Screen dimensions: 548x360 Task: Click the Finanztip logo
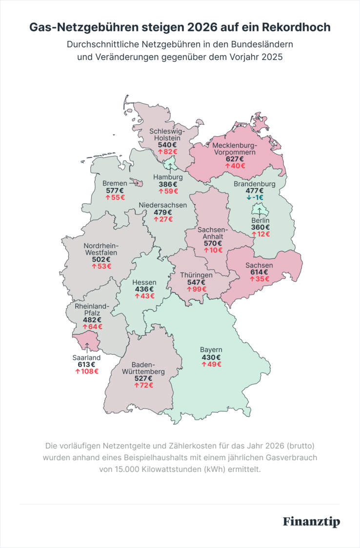pyautogui.click(x=311, y=521)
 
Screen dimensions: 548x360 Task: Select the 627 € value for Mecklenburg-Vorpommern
pyautogui.click(x=234, y=158)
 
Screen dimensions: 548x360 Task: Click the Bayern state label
pyautogui.click(x=211, y=350)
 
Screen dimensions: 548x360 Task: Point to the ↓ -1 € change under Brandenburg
pyautogui.click(x=255, y=197)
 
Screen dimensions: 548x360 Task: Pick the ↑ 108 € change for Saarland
pyautogui.click(x=86, y=371)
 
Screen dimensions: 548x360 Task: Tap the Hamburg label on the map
pyautogui.click(x=168, y=177)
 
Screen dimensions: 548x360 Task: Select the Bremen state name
pyautogui.click(x=115, y=183)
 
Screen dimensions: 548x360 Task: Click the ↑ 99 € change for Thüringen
pyautogui.click(x=197, y=289)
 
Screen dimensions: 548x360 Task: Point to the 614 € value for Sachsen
pyautogui.click(x=259, y=272)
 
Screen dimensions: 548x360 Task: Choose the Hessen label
pyautogui.click(x=144, y=282)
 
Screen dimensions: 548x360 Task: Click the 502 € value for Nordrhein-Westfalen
pyautogui.click(x=101, y=259)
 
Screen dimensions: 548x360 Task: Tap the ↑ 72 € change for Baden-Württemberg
pyautogui.click(x=143, y=385)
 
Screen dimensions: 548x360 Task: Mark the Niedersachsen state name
pyautogui.click(x=162, y=205)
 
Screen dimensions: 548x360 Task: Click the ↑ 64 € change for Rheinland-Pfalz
pyautogui.click(x=92, y=326)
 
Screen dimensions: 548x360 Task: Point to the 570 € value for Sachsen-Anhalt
pyautogui.click(x=213, y=243)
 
